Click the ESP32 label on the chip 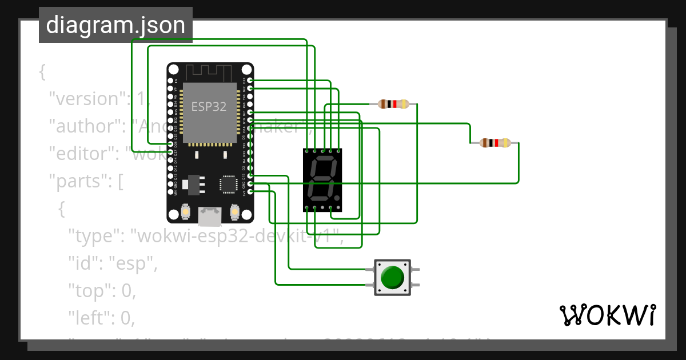click(x=209, y=106)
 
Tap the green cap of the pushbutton click(x=392, y=277)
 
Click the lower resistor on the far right click(x=495, y=143)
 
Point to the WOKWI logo click(x=607, y=315)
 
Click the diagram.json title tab click(x=115, y=25)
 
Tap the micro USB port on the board click(x=209, y=215)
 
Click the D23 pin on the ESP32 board click(x=250, y=81)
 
